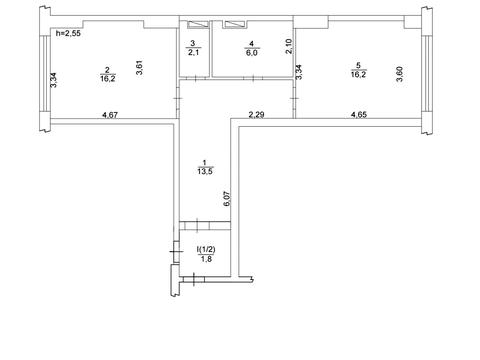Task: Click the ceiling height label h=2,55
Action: point(68,33)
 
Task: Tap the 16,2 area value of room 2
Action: point(108,79)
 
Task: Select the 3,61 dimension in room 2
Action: point(140,67)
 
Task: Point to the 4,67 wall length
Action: point(110,115)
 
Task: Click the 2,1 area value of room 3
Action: point(193,52)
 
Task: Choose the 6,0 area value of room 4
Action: point(252,53)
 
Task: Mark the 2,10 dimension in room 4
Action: point(289,46)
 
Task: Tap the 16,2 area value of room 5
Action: point(358,74)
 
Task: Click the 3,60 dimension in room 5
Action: point(399,74)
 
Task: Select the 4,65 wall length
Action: point(359,115)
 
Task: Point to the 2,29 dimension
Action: point(257,115)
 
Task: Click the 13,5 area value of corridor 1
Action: point(205,171)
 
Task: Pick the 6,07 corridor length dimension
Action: point(227,199)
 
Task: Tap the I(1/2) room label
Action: point(206,249)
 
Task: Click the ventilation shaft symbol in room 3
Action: point(198,24)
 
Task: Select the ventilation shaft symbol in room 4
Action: point(235,24)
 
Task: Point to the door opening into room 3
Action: point(195,78)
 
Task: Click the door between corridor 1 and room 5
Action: point(295,99)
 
